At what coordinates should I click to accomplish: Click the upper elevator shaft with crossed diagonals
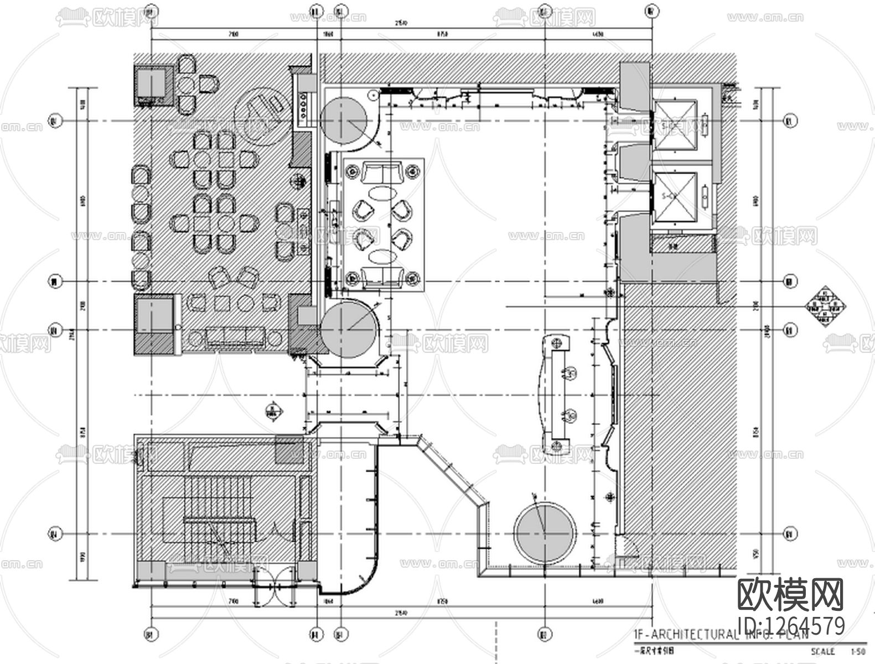[x=675, y=126]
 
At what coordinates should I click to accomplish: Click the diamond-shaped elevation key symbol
[x=826, y=305]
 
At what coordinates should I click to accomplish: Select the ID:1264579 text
[x=791, y=626]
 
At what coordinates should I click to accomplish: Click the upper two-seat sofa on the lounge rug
[x=382, y=173]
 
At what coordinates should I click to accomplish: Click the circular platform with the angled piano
[x=260, y=111]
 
